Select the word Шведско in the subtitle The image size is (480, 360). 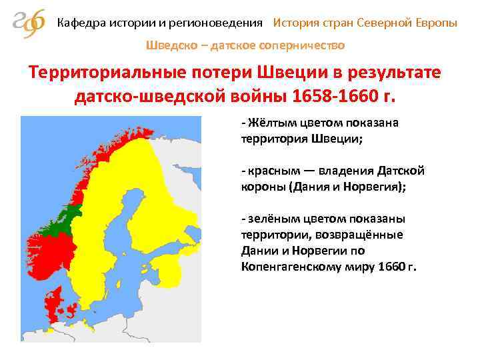168,46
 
